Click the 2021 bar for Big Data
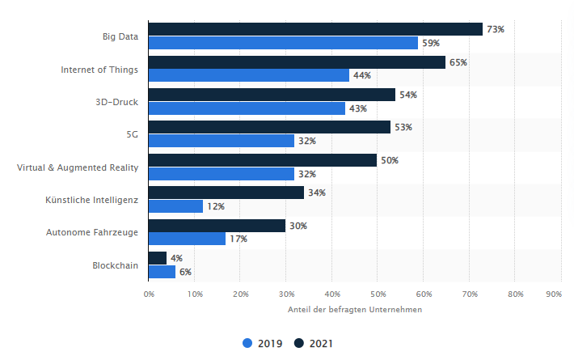coord(315,29)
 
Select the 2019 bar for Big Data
coord(283,43)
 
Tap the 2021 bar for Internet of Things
coord(297,62)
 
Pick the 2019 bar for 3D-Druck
coord(247,108)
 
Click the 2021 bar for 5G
coord(269,128)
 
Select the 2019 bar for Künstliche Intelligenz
coord(175,206)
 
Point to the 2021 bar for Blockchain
coord(158,258)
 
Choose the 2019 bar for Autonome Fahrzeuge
coord(187,239)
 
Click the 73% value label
coord(495,29)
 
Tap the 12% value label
coord(216,206)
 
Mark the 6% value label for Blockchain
coord(185,272)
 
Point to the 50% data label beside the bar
coord(390,160)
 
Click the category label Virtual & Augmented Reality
coord(78,167)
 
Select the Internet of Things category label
coord(99,70)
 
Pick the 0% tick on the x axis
coord(149,294)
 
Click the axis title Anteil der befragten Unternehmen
coord(354,310)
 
